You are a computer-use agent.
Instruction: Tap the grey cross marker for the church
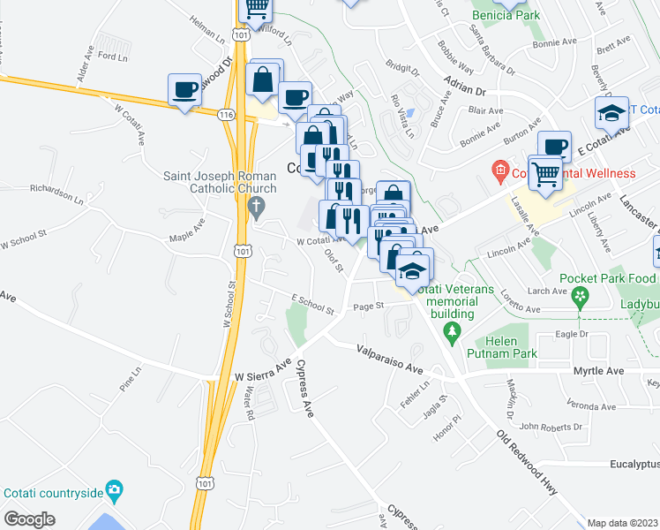(257, 209)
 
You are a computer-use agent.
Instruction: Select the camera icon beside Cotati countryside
(114, 489)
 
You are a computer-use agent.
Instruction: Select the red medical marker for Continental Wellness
(500, 170)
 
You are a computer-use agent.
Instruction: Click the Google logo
(29, 519)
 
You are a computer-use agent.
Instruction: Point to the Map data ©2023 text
(622, 523)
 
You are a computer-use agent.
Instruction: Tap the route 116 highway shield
(227, 115)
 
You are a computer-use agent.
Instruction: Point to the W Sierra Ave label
(262, 372)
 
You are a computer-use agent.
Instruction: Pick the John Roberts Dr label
(551, 426)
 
